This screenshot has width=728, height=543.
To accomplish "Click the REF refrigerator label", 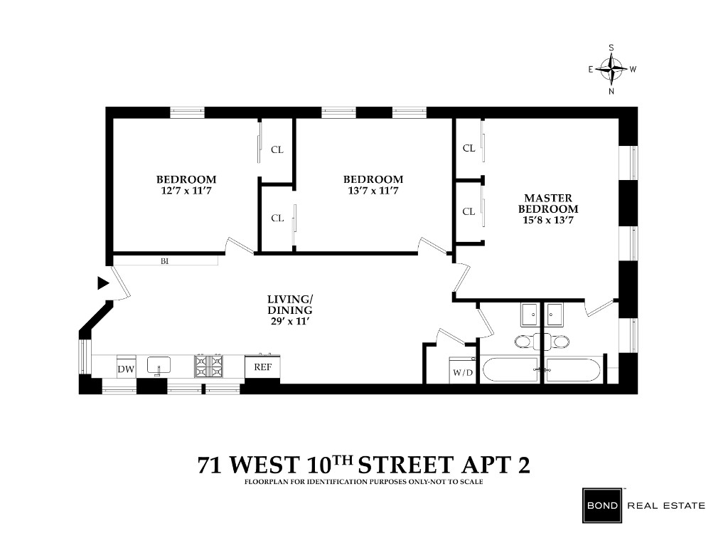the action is pos(262,367).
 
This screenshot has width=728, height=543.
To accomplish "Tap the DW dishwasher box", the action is pos(126,367).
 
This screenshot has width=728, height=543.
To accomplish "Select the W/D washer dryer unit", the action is pos(462,371).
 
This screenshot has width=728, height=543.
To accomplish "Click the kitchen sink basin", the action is pos(159,365).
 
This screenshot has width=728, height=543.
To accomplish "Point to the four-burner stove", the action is pos(209,366).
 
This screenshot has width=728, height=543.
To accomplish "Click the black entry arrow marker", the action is pos(103,283).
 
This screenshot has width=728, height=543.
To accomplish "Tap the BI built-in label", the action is pos(164,261).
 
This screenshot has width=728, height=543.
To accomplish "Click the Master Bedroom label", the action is pos(548,204).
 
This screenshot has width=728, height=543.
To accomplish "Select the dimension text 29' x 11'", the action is pos(289,321).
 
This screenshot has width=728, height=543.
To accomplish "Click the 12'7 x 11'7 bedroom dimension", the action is pos(186,191).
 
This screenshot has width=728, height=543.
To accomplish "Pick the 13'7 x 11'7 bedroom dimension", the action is pos(373,191).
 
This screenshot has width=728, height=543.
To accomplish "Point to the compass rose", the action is pos(611,69).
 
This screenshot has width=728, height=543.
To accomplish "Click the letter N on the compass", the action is pos(611,91).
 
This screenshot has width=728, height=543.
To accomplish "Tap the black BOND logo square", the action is pos(603,505).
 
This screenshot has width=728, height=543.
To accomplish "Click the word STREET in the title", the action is pos(406,465).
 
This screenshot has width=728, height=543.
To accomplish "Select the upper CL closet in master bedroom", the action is pos(469,148).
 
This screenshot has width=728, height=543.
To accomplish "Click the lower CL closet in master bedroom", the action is pos(469,211).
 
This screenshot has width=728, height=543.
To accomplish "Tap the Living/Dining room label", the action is pos(290,305).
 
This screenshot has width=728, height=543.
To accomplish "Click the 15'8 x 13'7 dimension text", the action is pos(548,220).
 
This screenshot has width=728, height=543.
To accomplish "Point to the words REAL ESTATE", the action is pos(666,505).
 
